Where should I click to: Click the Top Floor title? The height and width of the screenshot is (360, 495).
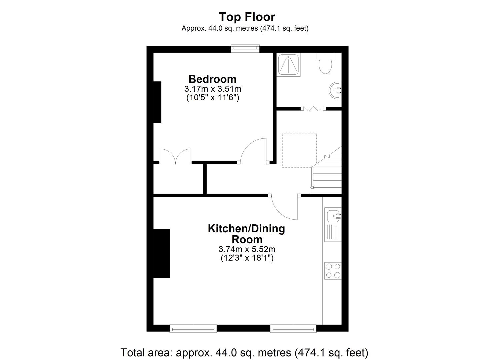point(247,17)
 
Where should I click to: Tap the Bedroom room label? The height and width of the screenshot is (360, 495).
point(212,79)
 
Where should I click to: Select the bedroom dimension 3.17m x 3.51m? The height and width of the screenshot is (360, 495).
point(212,89)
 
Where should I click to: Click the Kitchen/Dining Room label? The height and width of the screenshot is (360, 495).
point(246,234)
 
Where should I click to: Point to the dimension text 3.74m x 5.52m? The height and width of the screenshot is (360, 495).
point(247,249)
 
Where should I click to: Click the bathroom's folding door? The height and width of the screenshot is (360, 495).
point(313,108)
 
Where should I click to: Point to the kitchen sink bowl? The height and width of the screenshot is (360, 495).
point(333,216)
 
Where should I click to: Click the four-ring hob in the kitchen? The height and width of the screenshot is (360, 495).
point(333,271)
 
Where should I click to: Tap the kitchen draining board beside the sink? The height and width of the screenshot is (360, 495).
point(333,232)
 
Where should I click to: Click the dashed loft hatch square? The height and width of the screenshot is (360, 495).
point(299,150)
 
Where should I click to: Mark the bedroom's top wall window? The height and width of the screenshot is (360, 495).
point(245,49)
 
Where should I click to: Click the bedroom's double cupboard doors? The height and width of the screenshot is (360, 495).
point(175,157)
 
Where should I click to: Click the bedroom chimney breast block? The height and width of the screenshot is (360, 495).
point(157,102)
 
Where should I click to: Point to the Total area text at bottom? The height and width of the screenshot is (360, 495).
point(244,352)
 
